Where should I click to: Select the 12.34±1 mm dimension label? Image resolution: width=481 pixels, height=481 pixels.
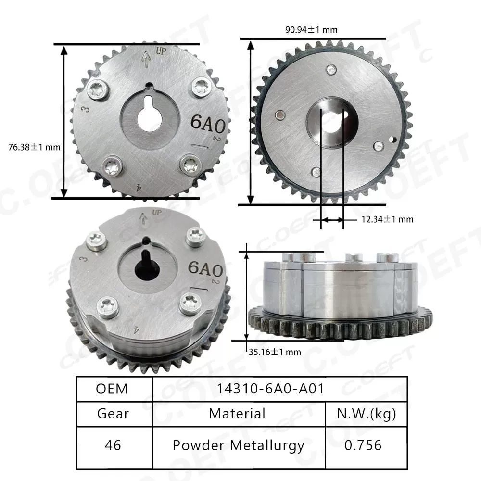tap(387, 219)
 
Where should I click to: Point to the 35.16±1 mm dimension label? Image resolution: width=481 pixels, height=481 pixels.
tap(275, 352)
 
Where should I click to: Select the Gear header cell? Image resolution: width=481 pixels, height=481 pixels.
tap(114, 414)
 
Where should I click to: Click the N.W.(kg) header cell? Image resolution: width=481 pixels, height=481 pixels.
tap(367, 414)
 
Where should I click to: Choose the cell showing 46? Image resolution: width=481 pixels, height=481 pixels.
tap(114, 445)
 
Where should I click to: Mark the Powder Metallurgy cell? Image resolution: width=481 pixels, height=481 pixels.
tap(239, 445)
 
